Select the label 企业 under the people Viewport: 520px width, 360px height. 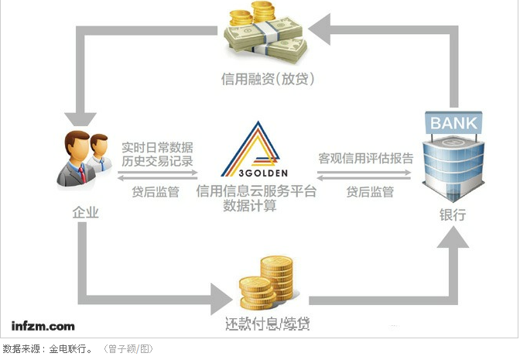(x=85, y=211)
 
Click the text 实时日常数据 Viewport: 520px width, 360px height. (x=157, y=146)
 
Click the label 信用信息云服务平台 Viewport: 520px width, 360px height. (x=256, y=191)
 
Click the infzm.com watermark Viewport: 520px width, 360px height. (x=43, y=325)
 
